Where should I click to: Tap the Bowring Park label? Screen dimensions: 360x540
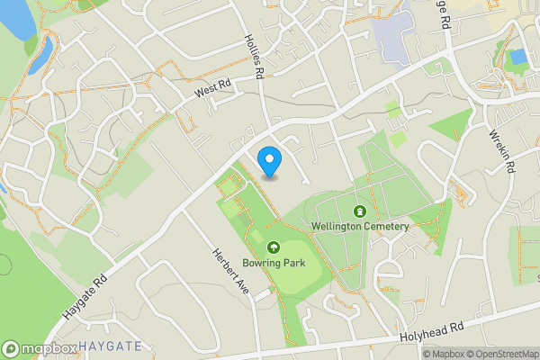pos(273,263)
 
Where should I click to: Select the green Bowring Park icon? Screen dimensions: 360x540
pos(273,247)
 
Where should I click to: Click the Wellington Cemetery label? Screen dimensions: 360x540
pos(360,226)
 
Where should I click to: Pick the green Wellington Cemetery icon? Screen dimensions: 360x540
pos(360,211)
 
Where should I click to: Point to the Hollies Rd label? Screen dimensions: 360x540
pos(254,55)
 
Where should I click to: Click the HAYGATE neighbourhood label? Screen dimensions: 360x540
pos(110,346)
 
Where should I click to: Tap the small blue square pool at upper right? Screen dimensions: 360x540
pos(517,57)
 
